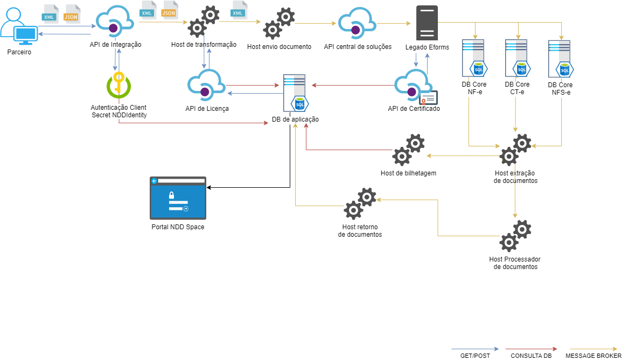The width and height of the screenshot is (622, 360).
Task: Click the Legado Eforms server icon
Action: (427, 23)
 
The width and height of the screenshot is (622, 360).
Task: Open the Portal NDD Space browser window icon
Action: (178, 198)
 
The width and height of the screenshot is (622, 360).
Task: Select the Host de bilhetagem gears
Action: (408, 150)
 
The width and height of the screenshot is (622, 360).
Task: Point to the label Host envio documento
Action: (279, 47)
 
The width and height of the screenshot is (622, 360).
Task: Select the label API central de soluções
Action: (358, 47)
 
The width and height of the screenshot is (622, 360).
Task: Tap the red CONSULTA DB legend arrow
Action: (530, 349)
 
